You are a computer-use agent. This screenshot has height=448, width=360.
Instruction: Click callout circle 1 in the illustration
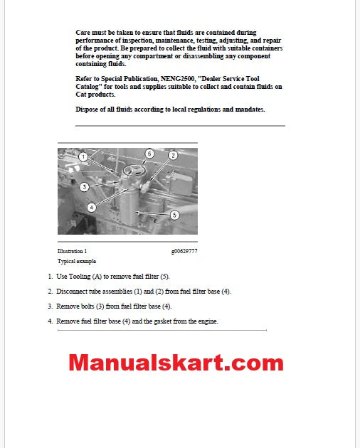pos(83,156)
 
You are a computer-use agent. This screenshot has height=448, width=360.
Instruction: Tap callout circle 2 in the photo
pos(172,154)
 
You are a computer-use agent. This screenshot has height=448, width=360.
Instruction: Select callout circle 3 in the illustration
pos(83,187)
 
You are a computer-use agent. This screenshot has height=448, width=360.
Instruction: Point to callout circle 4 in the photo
pos(92,207)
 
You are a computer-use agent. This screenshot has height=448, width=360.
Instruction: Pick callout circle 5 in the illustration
pos(174,214)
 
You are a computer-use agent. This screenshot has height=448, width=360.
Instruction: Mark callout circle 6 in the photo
pos(149,153)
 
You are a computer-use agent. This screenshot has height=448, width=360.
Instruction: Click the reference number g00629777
pos(184,251)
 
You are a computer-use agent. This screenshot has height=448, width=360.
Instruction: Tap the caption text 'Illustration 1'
pos(72,251)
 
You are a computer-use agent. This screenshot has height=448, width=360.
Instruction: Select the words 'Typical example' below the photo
pos(75,261)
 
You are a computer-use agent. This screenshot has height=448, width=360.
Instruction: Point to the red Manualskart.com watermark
pos(176,363)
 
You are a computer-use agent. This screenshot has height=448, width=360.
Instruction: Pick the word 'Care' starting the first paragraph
pos(83,33)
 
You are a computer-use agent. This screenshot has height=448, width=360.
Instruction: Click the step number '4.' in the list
pos(51,321)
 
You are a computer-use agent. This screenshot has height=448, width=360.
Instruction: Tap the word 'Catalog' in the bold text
pos(88,87)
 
